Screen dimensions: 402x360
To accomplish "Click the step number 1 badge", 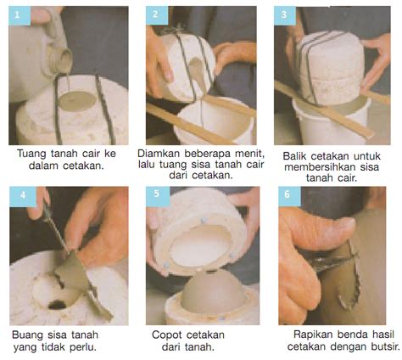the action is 20,16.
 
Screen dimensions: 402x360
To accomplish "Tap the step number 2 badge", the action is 157,15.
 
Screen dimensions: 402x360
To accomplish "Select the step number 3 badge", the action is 285,15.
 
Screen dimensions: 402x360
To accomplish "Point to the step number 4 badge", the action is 23,196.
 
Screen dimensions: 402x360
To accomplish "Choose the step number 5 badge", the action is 158,195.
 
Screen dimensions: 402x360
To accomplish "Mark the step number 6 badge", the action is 289,196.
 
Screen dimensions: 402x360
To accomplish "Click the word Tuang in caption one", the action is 31,155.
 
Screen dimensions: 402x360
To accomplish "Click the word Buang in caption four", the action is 26,336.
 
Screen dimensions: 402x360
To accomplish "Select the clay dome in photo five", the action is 213,291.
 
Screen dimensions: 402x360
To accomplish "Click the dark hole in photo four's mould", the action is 57,305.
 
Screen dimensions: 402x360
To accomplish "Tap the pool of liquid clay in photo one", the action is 78,100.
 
